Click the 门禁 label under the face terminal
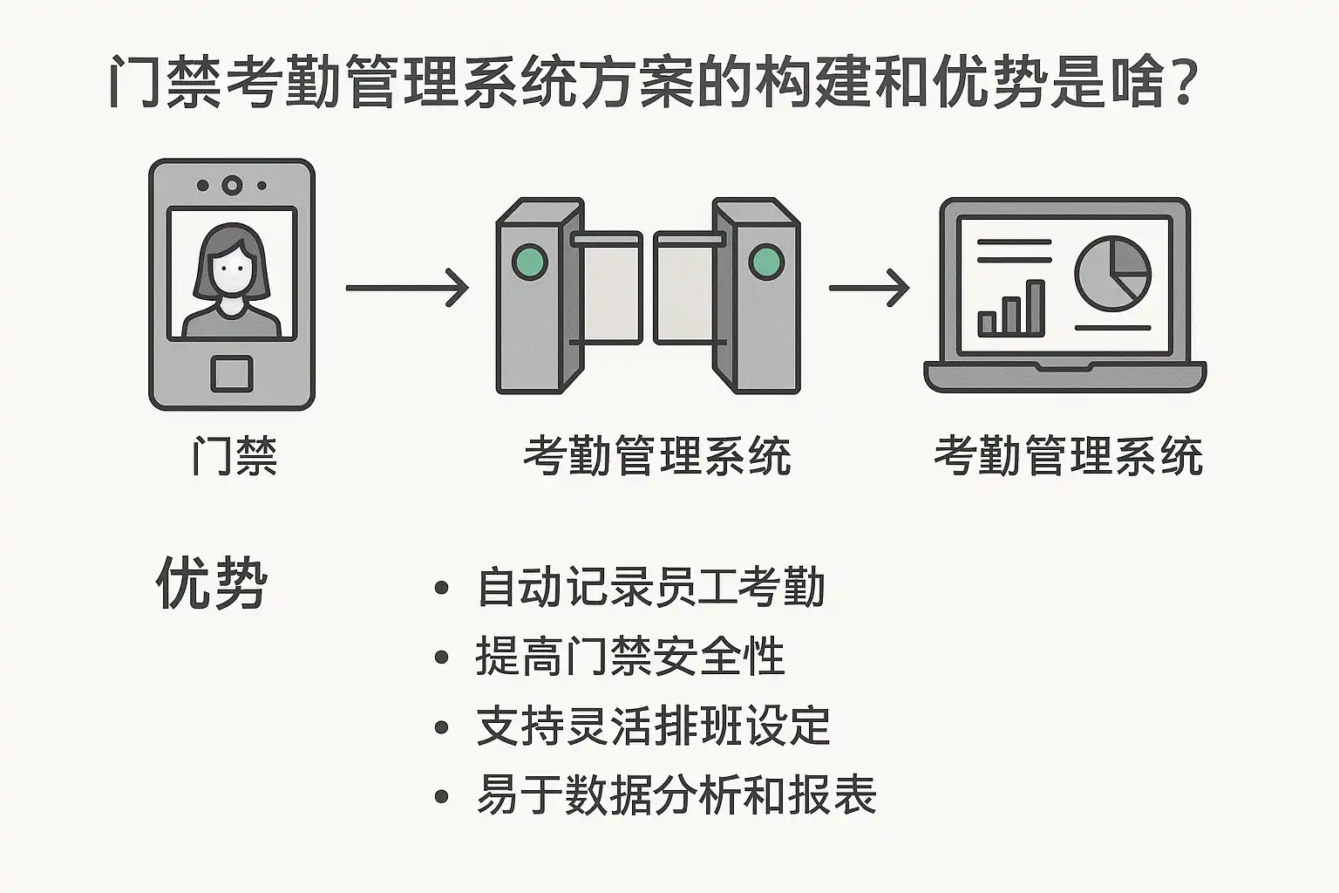[x=234, y=456]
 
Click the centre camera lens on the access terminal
[x=232, y=185]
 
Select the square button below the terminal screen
[x=232, y=374]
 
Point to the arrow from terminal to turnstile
[x=407, y=287]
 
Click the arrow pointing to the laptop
[x=868, y=287]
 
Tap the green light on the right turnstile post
[x=766, y=262]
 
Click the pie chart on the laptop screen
[x=1113, y=273]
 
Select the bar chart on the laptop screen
[x=1011, y=310]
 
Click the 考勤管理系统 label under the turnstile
[x=656, y=456]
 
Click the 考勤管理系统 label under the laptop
[x=1068, y=456]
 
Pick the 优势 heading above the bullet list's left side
[x=211, y=583]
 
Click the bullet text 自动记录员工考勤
[x=650, y=587]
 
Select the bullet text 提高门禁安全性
[x=630, y=657]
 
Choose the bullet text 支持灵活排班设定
[x=653, y=726]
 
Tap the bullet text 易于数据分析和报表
[x=676, y=795]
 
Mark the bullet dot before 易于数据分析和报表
[x=442, y=796]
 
